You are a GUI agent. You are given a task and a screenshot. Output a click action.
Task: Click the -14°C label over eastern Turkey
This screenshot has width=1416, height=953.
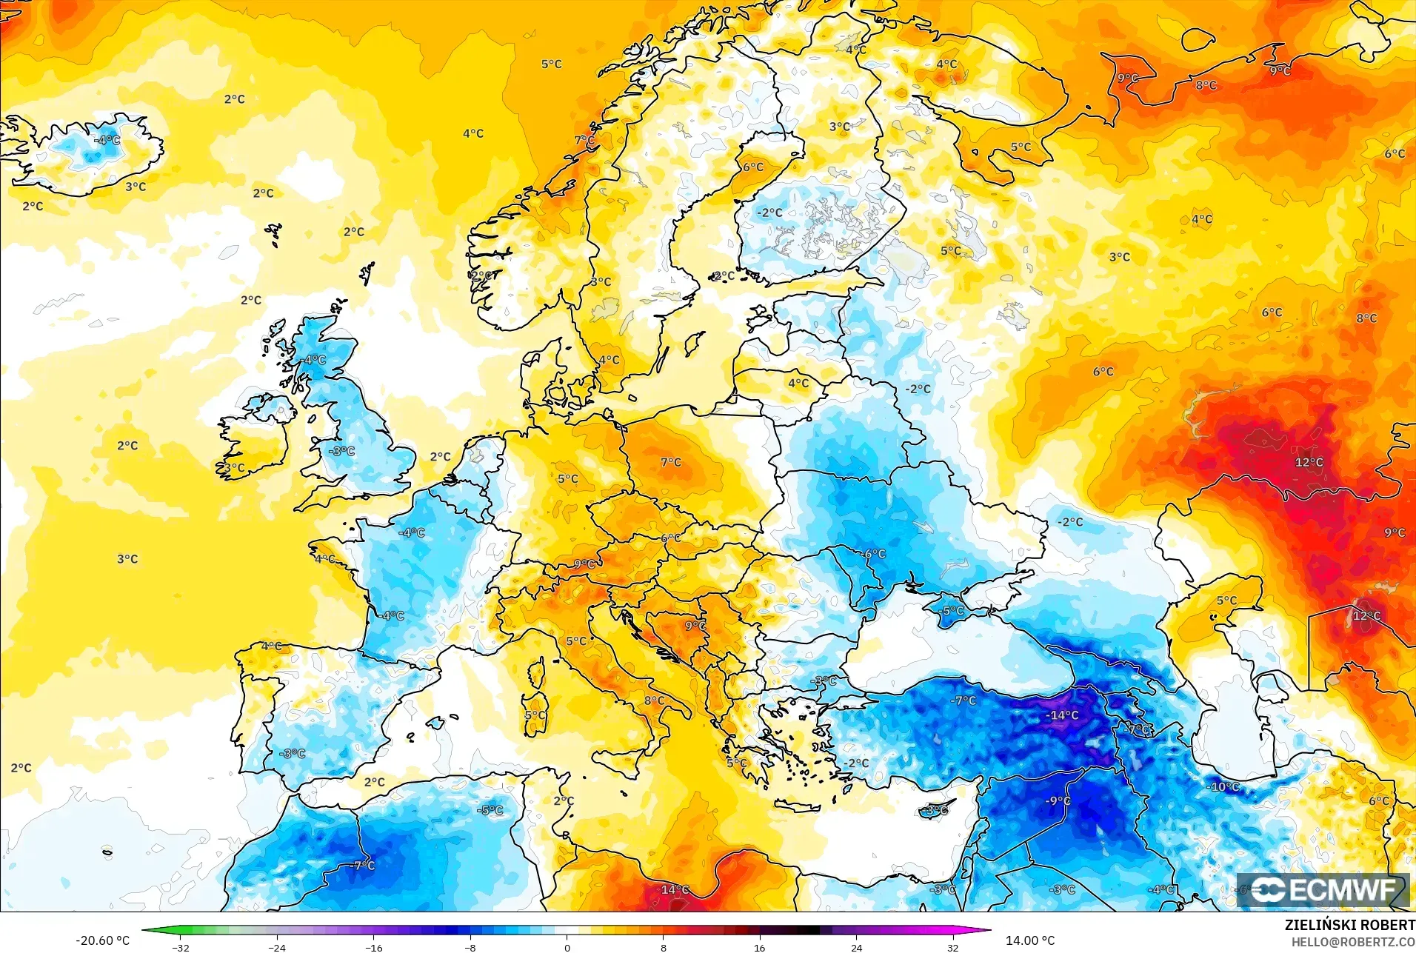pos(1062,715)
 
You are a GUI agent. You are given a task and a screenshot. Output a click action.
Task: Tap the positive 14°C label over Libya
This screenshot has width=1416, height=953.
pos(675,889)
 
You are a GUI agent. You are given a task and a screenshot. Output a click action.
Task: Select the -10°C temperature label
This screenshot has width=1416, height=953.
pos(1223,786)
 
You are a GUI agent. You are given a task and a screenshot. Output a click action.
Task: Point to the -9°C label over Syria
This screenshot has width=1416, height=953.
pos(1058,800)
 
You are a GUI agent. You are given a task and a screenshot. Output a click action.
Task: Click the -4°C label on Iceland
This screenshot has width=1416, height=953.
pos(107,139)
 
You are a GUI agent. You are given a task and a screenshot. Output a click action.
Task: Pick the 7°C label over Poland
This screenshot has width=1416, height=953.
pos(670,462)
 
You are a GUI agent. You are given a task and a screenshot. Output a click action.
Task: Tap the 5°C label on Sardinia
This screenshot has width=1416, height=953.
pos(535,715)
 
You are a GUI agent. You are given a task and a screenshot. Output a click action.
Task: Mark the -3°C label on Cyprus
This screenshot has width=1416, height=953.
pos(936,810)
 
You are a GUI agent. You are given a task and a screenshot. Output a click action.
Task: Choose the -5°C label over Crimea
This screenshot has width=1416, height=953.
pos(952,611)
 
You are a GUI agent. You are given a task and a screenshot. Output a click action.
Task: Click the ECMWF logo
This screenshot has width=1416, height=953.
pos(1323,890)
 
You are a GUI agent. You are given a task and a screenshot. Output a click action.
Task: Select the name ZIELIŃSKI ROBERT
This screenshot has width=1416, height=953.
pos(1349,925)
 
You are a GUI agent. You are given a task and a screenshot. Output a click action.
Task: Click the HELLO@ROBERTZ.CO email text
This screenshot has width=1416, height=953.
pos(1353,942)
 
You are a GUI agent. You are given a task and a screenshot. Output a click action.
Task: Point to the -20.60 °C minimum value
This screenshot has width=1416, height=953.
pos(102,940)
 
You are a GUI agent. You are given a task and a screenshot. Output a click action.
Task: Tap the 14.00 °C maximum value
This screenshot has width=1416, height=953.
pos(1029,940)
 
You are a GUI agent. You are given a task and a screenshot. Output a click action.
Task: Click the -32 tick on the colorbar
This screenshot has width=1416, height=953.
pos(181,947)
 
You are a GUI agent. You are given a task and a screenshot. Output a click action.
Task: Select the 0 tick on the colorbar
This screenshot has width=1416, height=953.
pos(567,947)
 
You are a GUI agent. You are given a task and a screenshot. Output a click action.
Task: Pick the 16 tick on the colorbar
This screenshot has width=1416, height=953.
pos(760,947)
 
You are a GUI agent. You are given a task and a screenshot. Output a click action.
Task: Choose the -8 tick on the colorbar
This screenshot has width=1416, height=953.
pos(470,947)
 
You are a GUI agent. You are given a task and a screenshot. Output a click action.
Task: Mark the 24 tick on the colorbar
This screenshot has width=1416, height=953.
pos(856,947)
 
